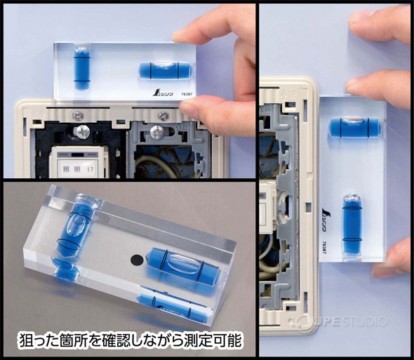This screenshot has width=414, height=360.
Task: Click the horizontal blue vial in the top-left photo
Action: pos(165,69)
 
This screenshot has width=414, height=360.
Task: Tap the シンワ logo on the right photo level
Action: pos(331,211)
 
